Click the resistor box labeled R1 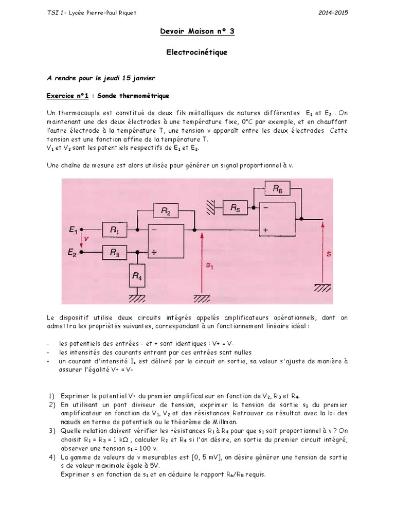(116, 231)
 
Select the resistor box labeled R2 (166, 210)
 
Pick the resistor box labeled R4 (137, 276)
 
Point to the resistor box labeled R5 (235, 208)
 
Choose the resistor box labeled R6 (278, 189)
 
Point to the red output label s (329, 254)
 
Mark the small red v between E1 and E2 (86, 239)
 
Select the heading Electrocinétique (197, 52)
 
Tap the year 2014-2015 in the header (334, 12)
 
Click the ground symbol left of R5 (211, 208)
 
